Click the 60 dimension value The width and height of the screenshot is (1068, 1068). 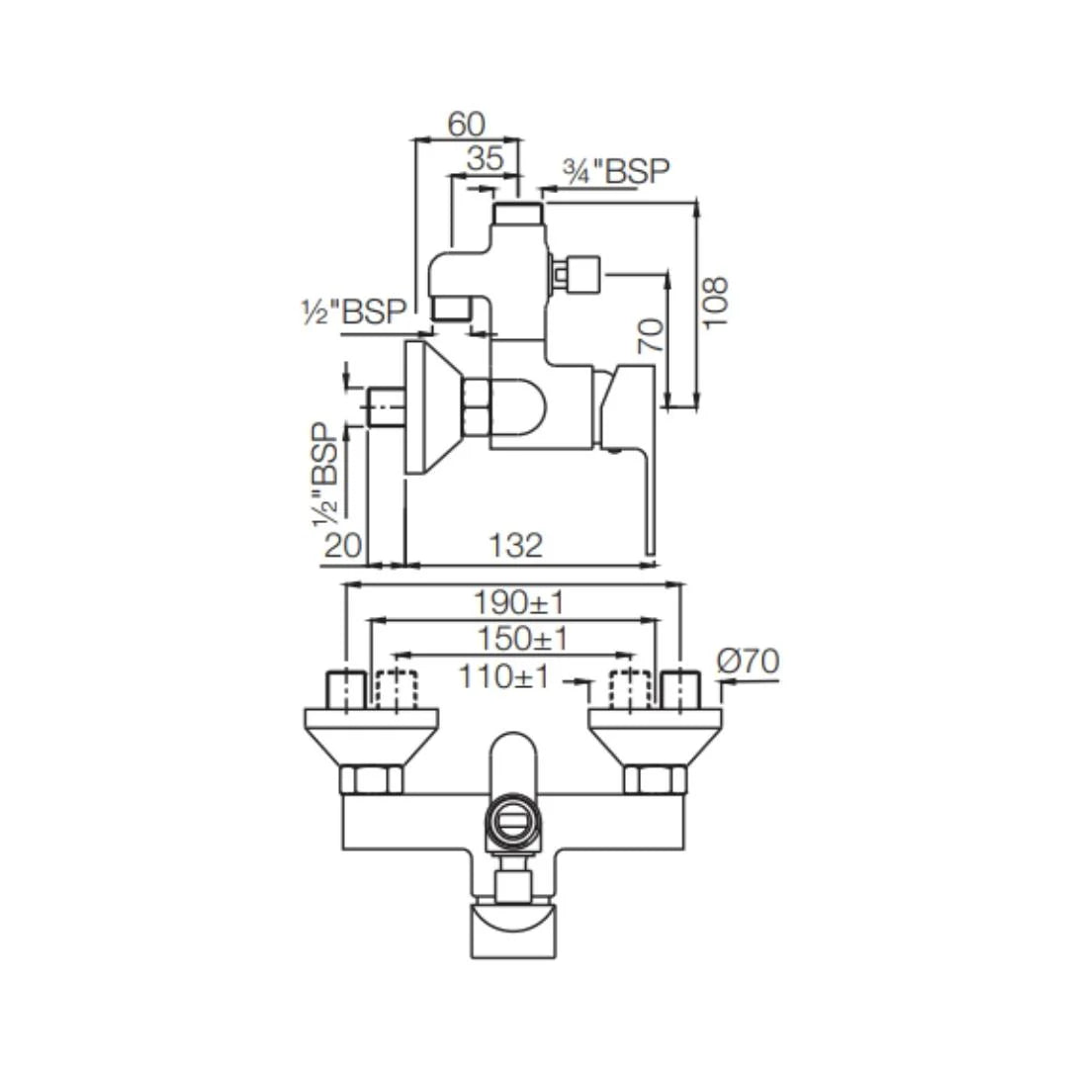467,124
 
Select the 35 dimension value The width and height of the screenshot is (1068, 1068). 485,158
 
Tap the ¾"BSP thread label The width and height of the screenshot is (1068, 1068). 616,172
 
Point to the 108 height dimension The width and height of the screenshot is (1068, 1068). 715,304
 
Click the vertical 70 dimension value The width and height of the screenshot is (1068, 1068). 651,335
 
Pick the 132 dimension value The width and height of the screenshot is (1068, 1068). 515,545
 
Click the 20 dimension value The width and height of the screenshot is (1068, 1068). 342,545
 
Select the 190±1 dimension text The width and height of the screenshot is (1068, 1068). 519,602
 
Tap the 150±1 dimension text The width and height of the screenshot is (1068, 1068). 522,639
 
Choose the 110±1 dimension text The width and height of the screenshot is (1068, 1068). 503,676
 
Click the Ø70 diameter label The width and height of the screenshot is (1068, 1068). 748,661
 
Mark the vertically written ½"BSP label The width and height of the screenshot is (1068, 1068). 325,475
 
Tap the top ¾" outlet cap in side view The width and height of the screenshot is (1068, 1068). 517,214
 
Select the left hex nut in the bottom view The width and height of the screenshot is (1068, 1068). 371,779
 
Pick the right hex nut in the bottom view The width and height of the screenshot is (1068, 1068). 656,779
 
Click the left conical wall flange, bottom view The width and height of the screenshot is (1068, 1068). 371,737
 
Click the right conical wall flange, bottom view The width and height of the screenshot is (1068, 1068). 656,737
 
